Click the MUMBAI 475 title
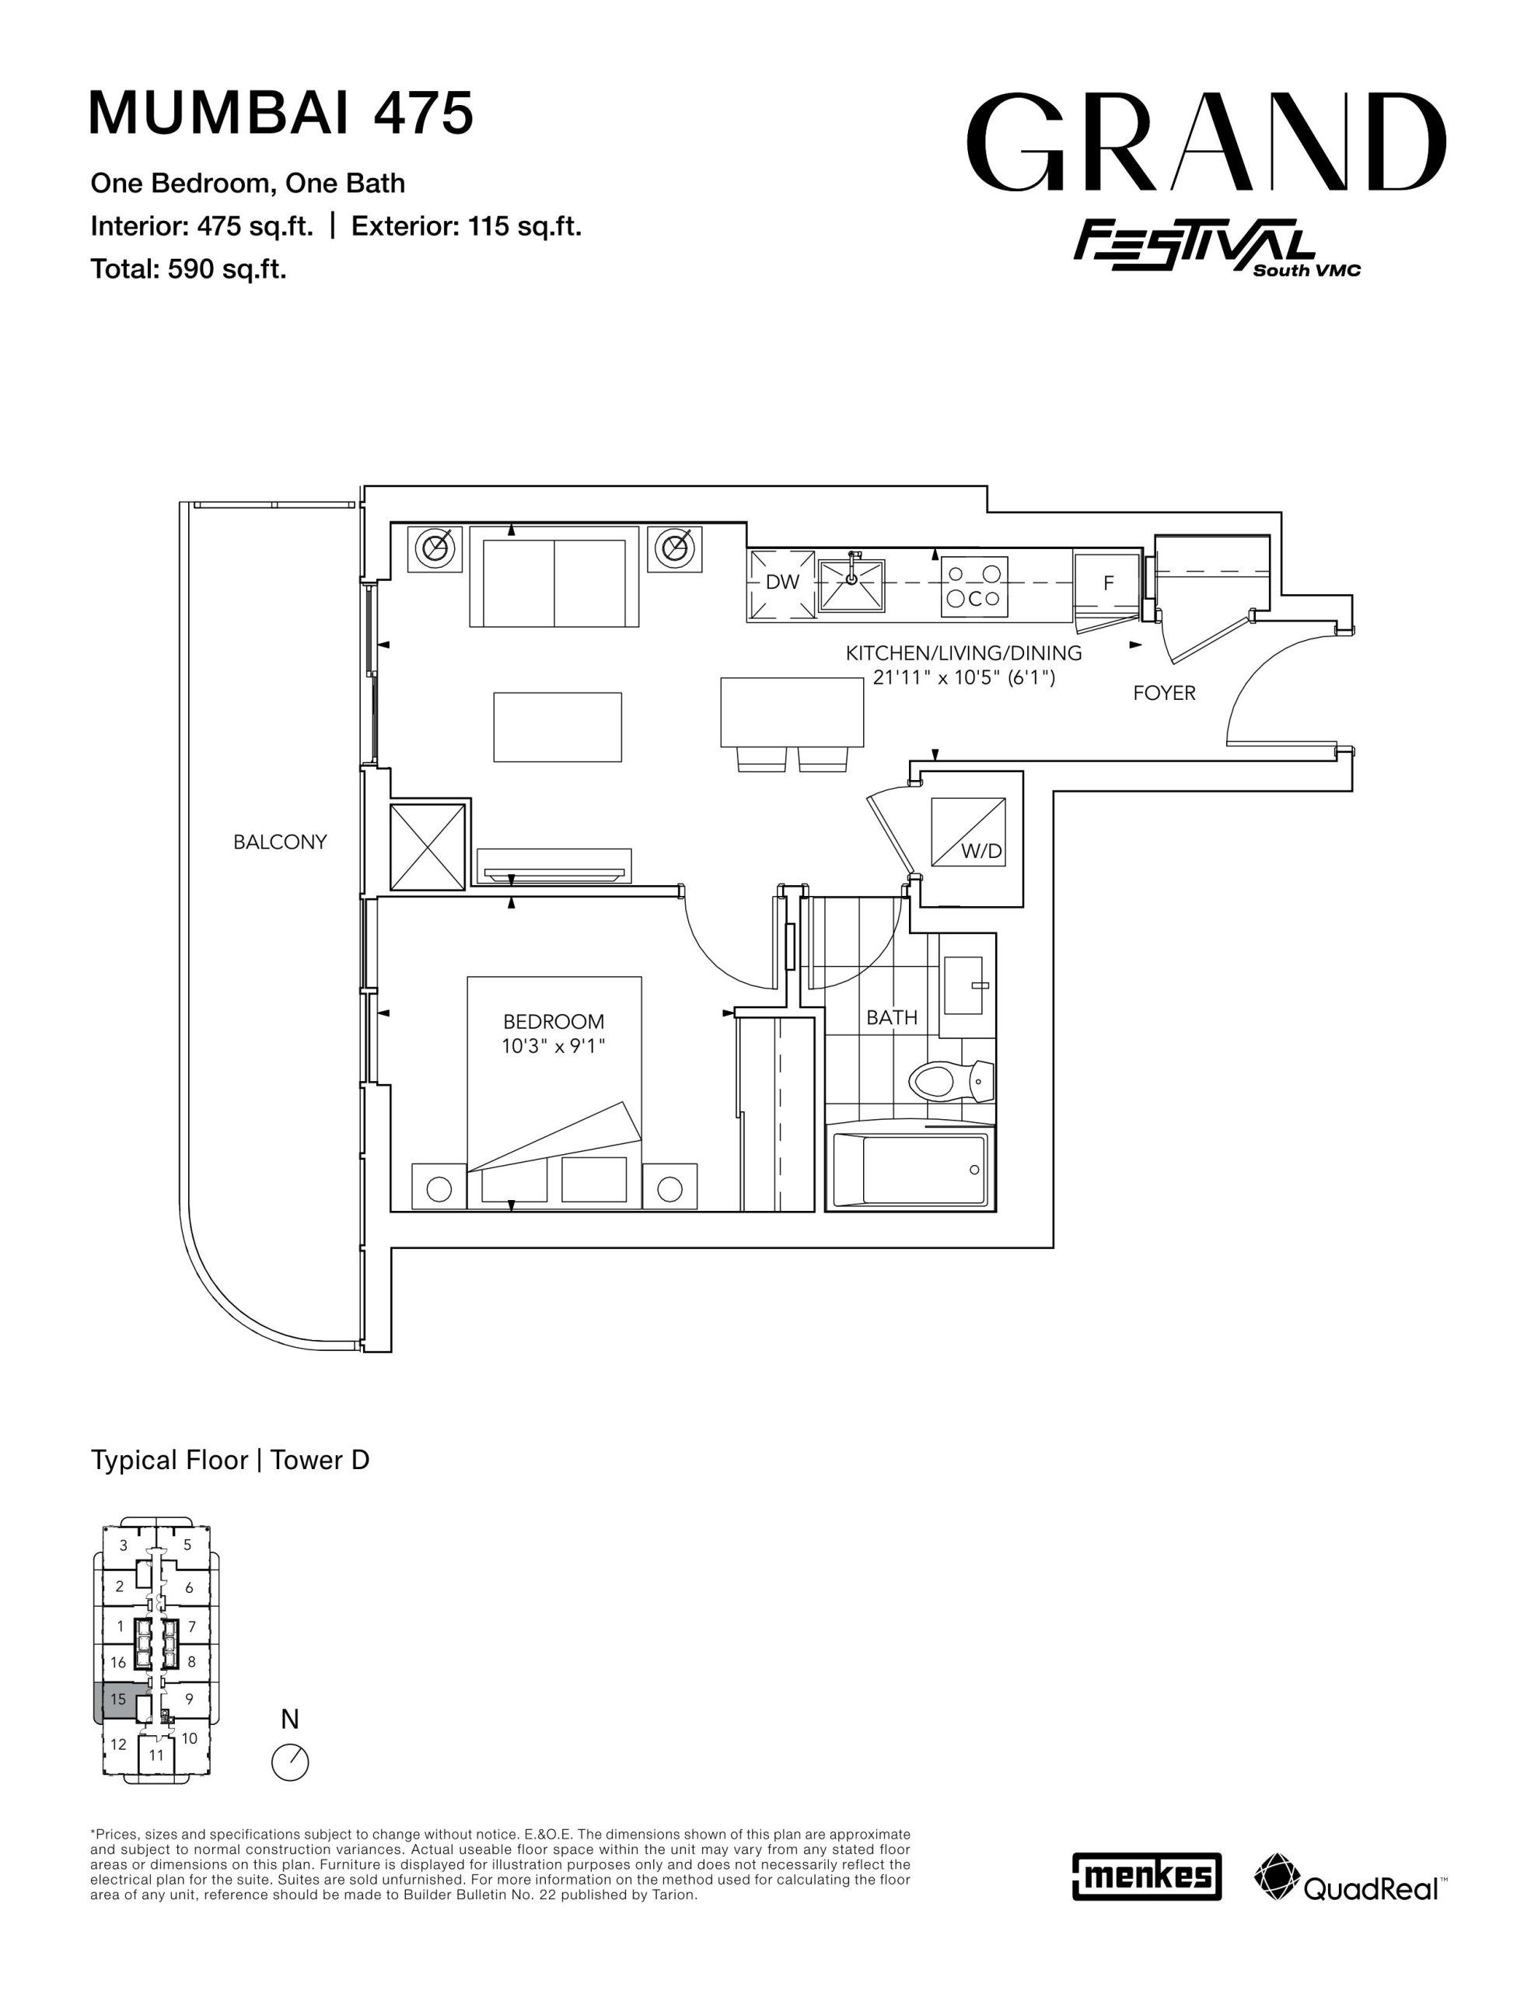(281, 112)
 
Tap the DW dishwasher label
(782, 583)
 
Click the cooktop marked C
(974, 586)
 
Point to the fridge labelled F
(1109, 583)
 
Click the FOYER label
(1164, 694)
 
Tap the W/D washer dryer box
(968, 832)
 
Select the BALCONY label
(280, 842)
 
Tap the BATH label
(892, 1018)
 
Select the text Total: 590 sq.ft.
(189, 270)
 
